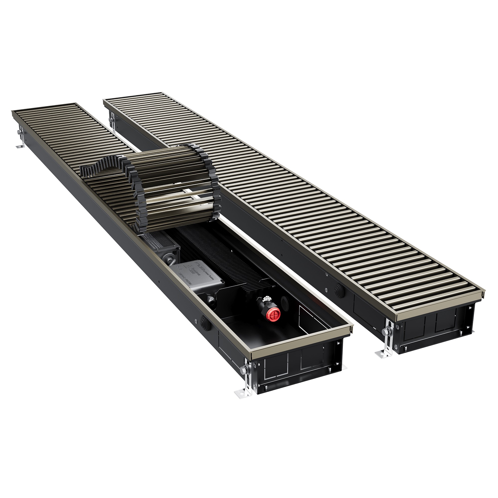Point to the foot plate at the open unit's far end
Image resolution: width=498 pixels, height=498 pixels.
coord(19,147)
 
